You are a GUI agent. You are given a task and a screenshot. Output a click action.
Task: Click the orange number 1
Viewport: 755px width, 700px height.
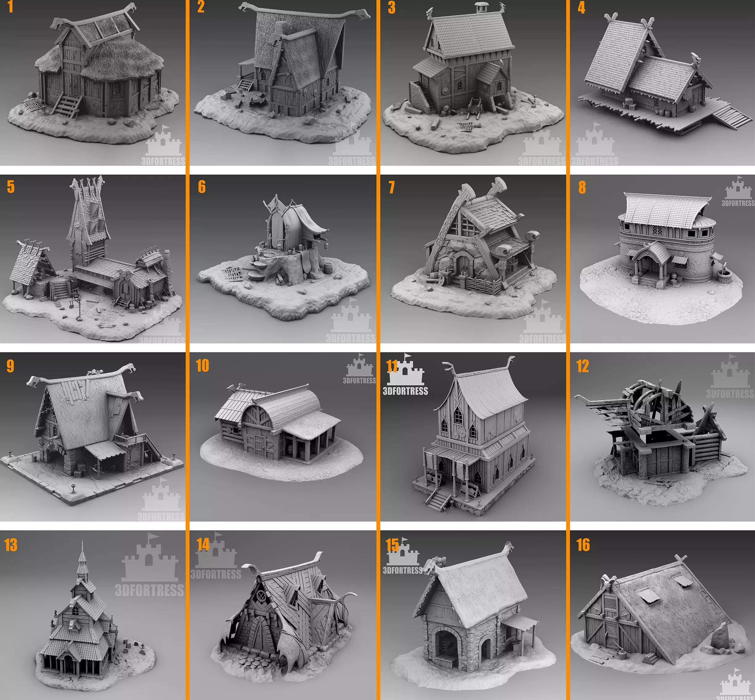click(10, 7)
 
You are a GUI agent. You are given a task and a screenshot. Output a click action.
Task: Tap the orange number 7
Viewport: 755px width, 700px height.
click(391, 187)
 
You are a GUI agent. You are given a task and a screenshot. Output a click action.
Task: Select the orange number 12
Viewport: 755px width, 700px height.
click(582, 366)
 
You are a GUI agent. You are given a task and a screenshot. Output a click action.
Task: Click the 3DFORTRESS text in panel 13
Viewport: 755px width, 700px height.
click(149, 590)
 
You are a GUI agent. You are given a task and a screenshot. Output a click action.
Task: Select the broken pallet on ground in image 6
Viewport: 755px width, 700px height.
click(232, 273)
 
